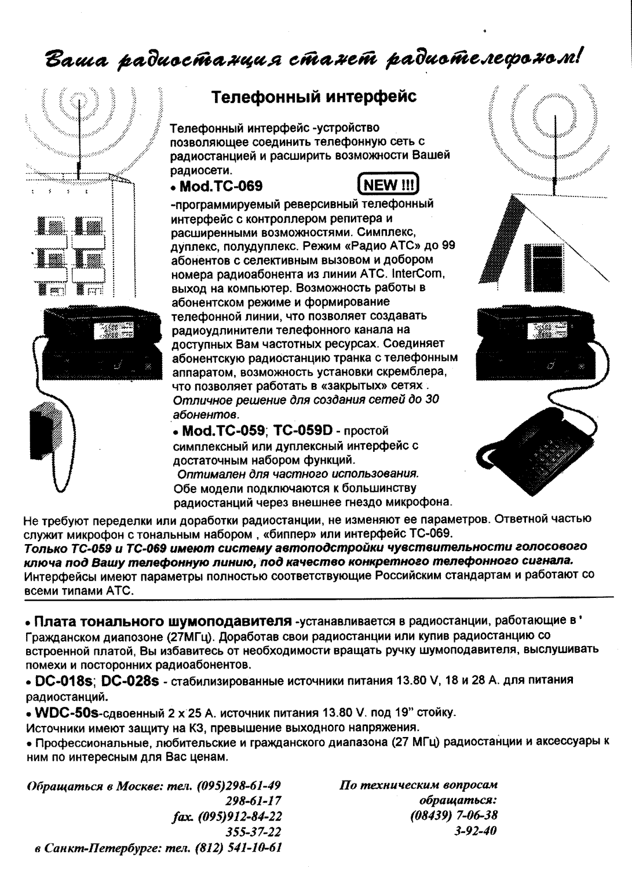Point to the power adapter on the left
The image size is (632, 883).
pos(48,429)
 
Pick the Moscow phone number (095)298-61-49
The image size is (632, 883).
pos(239,786)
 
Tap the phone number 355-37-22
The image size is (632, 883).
pos(253,832)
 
